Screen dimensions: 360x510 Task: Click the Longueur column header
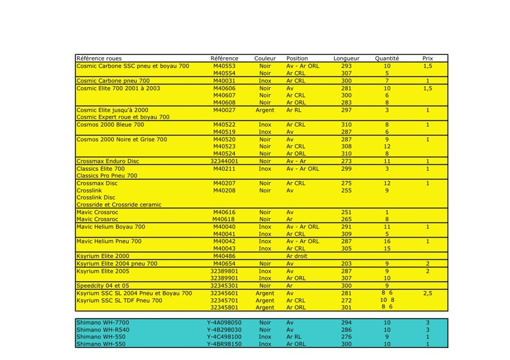click(346, 59)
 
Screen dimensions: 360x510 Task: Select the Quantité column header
click(387, 59)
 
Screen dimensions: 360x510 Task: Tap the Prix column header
click(428, 59)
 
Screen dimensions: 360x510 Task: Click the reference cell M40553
click(224, 66)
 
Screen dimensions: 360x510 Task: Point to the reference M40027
click(224, 110)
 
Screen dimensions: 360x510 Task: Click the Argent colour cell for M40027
click(265, 110)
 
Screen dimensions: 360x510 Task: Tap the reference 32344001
click(224, 161)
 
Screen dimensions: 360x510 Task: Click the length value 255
click(346, 190)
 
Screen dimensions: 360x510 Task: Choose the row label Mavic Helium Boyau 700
click(111, 226)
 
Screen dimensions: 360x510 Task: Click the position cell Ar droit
click(298, 256)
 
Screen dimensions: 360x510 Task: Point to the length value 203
click(346, 263)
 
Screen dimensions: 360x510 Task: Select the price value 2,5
click(428, 293)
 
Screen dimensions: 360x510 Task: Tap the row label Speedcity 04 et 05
click(103, 285)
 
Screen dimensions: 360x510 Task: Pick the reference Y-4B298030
click(224, 330)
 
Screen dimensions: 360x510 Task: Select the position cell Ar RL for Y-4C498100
click(294, 337)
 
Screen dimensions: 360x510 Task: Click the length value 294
click(346, 323)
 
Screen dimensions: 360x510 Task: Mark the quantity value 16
click(387, 241)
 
